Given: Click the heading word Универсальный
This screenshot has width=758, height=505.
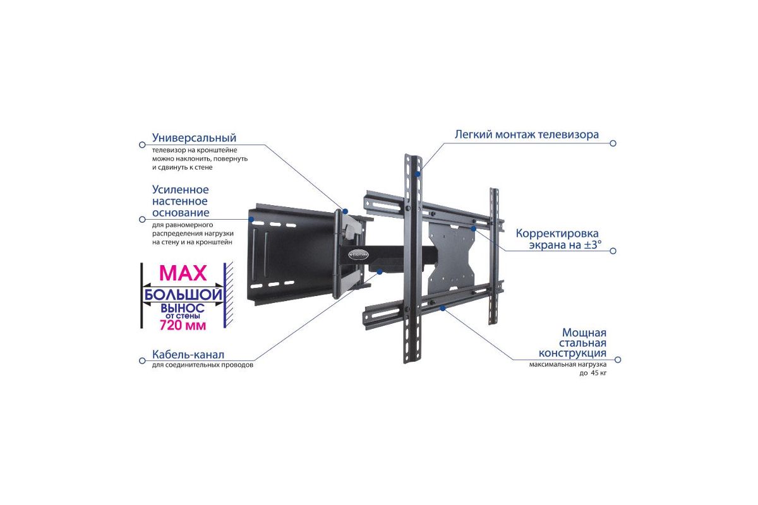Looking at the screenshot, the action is point(194,138).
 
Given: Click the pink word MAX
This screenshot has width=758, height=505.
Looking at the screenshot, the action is point(183,273).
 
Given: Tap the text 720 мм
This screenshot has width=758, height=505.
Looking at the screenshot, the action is point(183,325).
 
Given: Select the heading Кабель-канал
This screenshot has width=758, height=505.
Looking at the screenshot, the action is point(188,355).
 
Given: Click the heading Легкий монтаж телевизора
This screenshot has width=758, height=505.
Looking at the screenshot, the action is point(527,134).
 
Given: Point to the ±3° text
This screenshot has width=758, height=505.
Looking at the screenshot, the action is point(593,244).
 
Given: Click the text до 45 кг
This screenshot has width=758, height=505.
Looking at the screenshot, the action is point(593,373).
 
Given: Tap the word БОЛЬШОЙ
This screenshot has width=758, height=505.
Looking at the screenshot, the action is point(183,295).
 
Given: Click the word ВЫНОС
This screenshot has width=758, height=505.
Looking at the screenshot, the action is point(183,308).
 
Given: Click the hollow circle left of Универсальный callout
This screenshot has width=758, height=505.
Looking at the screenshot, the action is point(142,145).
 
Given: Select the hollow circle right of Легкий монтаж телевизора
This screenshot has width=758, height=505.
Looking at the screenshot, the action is point(613,143).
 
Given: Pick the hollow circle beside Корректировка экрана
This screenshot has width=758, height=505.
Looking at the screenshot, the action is point(613,251).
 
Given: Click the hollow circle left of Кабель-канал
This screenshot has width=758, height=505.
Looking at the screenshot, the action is point(142,361).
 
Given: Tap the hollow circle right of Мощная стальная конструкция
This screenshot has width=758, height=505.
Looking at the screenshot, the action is point(618,360).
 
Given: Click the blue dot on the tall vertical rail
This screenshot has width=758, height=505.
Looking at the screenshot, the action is point(418,174).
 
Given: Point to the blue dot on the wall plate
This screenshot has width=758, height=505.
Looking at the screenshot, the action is point(251,219).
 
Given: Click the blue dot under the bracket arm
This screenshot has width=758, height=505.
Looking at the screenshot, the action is point(380,271).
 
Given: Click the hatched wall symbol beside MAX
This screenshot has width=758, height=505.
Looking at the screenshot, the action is point(229,295).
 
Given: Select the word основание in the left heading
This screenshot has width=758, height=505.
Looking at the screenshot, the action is point(181,213).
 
